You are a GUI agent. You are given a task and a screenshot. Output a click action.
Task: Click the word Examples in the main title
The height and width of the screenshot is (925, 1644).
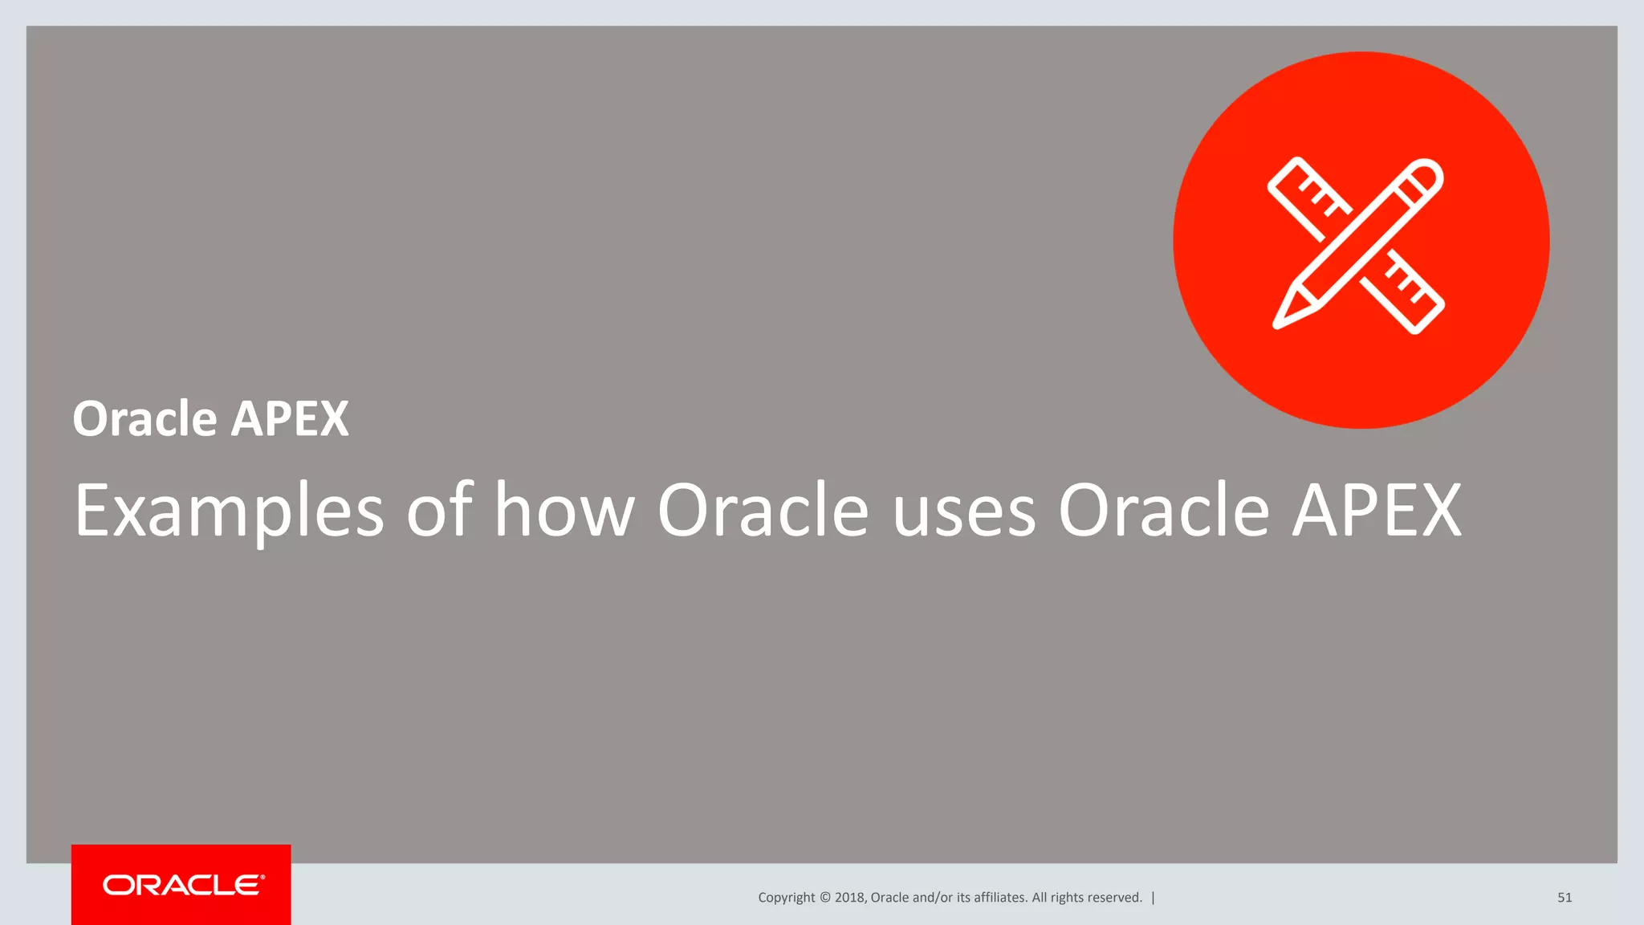[x=229, y=511]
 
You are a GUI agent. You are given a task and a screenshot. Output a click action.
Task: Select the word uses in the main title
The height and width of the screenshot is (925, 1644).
[x=964, y=511]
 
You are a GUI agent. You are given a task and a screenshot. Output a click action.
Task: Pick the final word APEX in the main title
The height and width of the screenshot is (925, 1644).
[x=1377, y=511]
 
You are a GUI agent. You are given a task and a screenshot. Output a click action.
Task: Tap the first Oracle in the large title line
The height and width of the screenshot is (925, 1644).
[x=763, y=511]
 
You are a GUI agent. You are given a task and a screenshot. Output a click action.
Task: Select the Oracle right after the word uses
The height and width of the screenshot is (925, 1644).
[x=1163, y=511]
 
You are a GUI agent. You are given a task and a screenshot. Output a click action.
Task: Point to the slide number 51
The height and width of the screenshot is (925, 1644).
[x=1565, y=898]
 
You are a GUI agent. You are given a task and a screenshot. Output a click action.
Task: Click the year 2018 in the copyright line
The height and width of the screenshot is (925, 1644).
[x=849, y=898]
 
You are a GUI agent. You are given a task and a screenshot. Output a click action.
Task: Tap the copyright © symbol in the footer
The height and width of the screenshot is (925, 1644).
[x=824, y=898]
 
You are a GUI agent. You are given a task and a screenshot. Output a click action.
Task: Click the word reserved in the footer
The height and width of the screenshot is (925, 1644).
[x=1115, y=898]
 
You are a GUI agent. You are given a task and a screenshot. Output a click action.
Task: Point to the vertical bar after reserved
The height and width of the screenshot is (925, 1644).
[x=1154, y=898]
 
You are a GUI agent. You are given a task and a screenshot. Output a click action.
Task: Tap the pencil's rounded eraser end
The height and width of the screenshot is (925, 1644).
[x=1426, y=175]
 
